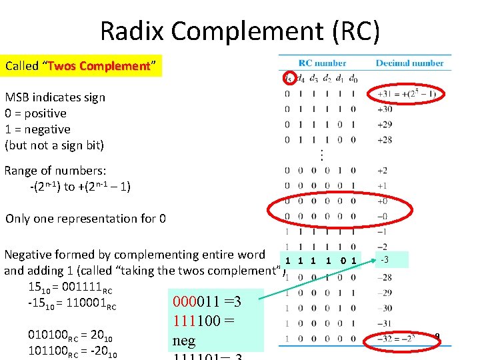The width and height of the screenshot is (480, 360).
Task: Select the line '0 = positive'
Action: click(35, 113)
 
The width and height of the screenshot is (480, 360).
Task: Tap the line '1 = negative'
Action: click(37, 129)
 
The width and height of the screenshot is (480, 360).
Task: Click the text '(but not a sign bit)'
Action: click(55, 145)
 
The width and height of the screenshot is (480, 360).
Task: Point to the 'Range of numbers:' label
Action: click(55, 171)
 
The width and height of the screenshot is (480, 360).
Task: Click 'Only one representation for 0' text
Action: click(85, 219)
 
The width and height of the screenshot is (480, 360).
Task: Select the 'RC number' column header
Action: click(322, 63)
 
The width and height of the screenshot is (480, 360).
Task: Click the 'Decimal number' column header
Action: click(409, 63)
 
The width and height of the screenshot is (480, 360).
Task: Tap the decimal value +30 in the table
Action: click(385, 109)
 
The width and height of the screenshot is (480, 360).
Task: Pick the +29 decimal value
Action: click(385, 125)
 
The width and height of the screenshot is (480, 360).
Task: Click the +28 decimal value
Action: click(385, 140)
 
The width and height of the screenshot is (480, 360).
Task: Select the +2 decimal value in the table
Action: click(382, 171)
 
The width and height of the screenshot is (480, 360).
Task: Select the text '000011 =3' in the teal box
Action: click(206, 302)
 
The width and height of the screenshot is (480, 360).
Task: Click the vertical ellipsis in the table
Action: click(321, 155)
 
